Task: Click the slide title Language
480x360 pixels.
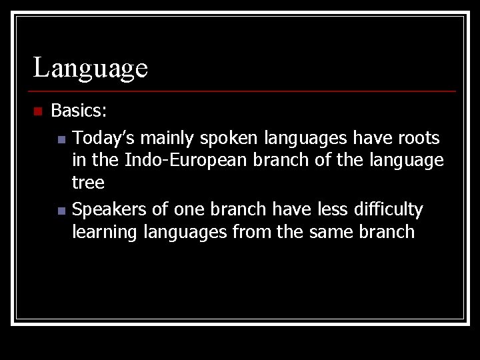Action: (x=91, y=67)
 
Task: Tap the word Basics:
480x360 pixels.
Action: (x=79, y=109)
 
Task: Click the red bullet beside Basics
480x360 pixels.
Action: (x=37, y=111)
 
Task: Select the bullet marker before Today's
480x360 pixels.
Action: (x=61, y=140)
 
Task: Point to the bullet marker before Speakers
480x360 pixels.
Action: (x=61, y=211)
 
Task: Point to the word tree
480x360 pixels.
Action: (x=88, y=183)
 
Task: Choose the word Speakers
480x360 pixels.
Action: (x=109, y=209)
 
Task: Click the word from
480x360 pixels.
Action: (x=251, y=232)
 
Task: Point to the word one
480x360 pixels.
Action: (x=189, y=209)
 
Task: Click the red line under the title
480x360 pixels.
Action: (x=243, y=91)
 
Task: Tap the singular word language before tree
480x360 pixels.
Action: (x=405, y=160)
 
